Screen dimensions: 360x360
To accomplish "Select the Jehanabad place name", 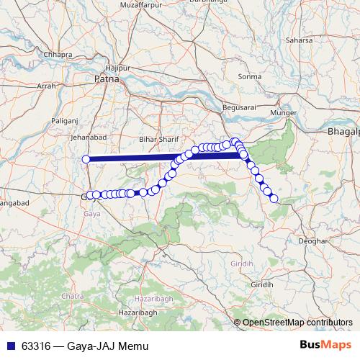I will point(89,137).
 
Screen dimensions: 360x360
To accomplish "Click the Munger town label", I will point(282,113).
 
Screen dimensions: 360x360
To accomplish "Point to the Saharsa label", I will point(300,40).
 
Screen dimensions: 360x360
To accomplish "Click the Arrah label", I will point(46,86).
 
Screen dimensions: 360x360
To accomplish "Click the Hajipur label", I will point(126,68).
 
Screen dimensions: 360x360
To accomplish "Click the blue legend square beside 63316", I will point(12,346).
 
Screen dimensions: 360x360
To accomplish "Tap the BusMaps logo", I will point(325,346).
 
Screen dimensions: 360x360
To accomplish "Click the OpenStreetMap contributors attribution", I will point(297,323).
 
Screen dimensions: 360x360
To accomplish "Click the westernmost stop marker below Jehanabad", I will point(86,159).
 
